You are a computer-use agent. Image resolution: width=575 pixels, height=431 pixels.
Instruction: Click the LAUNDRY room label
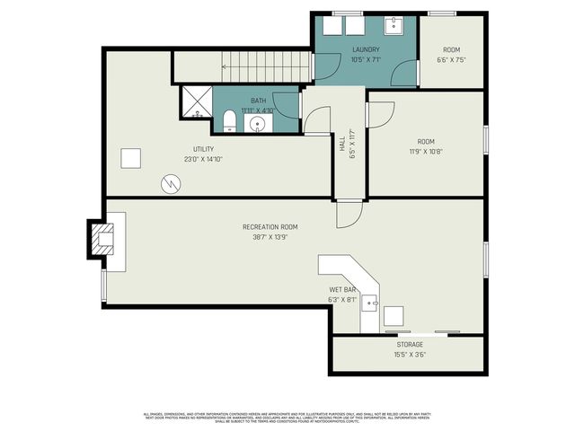point(366,49)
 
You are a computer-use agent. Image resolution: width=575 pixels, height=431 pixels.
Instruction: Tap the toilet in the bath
point(230,122)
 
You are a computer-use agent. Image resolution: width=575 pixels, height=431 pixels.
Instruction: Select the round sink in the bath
point(259,123)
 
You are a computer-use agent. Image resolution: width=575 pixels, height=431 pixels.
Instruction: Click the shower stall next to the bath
point(196,102)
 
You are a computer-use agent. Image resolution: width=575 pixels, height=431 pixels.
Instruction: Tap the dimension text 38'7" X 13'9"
point(270,237)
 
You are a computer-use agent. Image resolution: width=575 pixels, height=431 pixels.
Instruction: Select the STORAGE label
point(410,344)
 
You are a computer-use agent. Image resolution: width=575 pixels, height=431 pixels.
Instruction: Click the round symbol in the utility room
point(171,183)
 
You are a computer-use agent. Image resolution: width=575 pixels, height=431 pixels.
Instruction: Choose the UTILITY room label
point(203,149)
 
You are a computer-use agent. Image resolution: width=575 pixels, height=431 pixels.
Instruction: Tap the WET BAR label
point(343,290)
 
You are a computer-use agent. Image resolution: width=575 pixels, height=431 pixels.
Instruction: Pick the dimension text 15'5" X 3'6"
point(410,354)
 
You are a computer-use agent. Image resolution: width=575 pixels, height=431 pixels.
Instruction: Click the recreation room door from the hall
point(349,212)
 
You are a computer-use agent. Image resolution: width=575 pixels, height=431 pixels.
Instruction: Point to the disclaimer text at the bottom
point(287,417)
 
